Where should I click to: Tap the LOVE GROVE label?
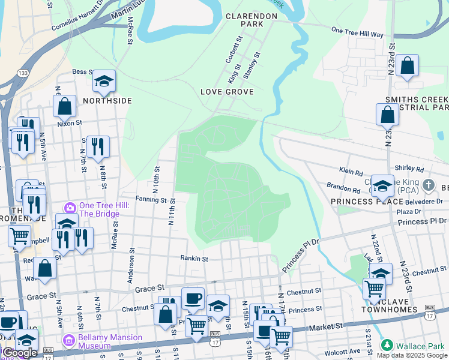tap(228, 92)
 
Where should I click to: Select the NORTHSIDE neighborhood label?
tap(107, 101)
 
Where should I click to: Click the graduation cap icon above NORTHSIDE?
tap(104, 82)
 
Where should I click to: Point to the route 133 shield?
tap(23, 73)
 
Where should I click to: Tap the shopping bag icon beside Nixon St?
tap(65, 106)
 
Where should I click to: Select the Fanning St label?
tap(150, 200)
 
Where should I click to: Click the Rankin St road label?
tap(194, 259)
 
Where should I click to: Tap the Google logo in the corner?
tap(20, 353)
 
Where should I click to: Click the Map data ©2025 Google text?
tap(412, 355)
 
